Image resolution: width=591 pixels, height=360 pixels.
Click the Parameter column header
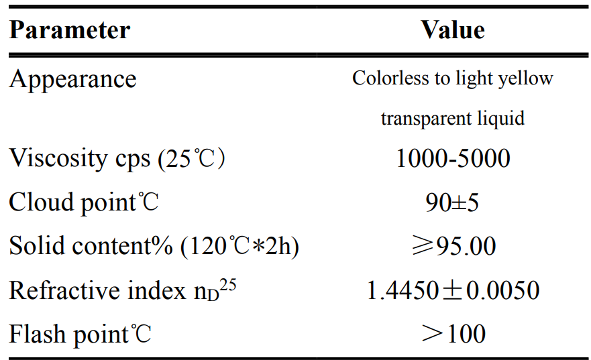click(69, 31)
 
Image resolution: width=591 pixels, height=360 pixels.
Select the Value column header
click(453, 30)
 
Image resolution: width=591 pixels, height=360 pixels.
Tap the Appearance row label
click(72, 80)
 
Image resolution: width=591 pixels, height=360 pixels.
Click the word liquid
click(499, 119)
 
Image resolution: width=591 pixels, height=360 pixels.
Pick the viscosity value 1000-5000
click(453, 160)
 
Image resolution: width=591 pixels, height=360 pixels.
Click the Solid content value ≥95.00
click(453, 246)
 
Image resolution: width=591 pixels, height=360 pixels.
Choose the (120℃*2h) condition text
click(239, 246)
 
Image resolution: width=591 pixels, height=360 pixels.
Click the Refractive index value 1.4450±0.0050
click(453, 290)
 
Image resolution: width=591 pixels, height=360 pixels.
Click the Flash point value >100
click(453, 334)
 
